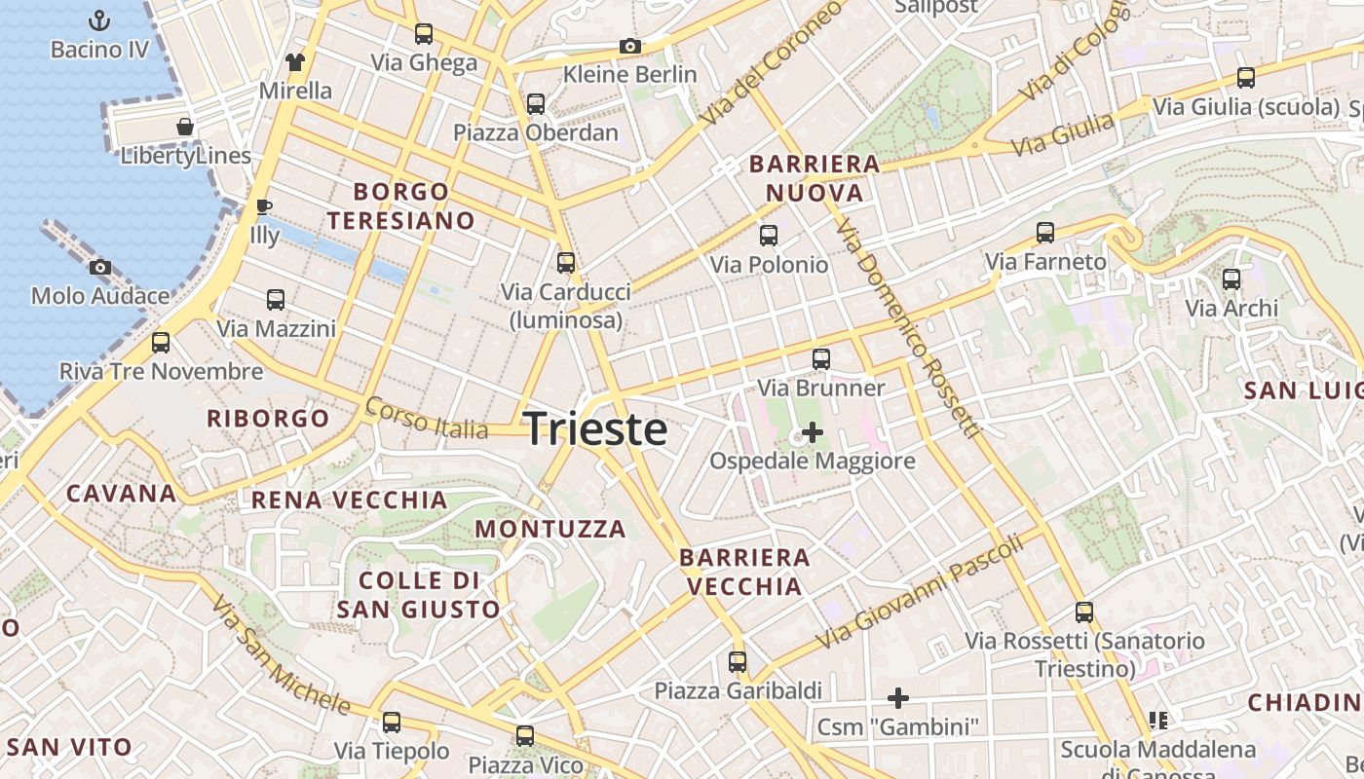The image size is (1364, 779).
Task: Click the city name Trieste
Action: (595, 429)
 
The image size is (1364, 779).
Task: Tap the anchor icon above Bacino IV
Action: (98, 19)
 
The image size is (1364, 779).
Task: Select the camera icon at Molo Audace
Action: (99, 267)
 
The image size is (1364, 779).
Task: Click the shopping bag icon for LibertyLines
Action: (184, 127)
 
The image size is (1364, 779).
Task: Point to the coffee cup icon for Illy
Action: (263, 206)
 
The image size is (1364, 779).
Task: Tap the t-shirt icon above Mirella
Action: (295, 62)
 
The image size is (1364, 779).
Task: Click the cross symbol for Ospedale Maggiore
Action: (812, 431)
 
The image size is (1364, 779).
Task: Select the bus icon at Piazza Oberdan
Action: (535, 104)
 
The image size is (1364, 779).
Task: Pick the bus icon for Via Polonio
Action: (769, 236)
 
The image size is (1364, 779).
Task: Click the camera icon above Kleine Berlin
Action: (629, 46)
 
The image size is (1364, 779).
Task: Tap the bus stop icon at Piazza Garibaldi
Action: (738, 662)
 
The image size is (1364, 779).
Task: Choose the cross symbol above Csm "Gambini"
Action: (897, 697)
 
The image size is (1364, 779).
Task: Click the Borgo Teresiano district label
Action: (400, 205)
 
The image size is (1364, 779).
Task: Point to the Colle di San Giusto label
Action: (419, 595)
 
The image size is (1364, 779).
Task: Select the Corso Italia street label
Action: (426, 419)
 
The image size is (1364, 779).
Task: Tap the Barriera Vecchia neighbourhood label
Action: (744, 572)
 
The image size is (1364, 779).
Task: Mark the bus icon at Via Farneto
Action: (1045, 233)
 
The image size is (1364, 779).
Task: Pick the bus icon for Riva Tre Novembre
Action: (161, 343)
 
